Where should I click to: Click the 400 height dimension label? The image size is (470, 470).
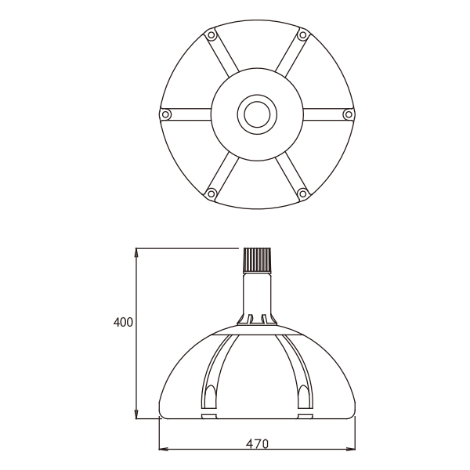coord(123,323)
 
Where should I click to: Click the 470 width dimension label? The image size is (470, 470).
coord(257,444)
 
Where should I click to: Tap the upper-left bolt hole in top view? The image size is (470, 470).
coord(211,35)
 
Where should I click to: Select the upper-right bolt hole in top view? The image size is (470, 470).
coord(302,35)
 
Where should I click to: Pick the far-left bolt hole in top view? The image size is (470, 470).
coord(165,114)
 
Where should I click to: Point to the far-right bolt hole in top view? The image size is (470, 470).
coord(349,114)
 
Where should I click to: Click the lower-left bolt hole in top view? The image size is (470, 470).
coord(211,193)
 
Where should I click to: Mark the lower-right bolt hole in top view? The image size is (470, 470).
coord(302,193)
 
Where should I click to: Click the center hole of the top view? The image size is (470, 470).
coord(257,114)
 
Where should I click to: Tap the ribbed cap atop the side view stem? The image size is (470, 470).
coord(258,259)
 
